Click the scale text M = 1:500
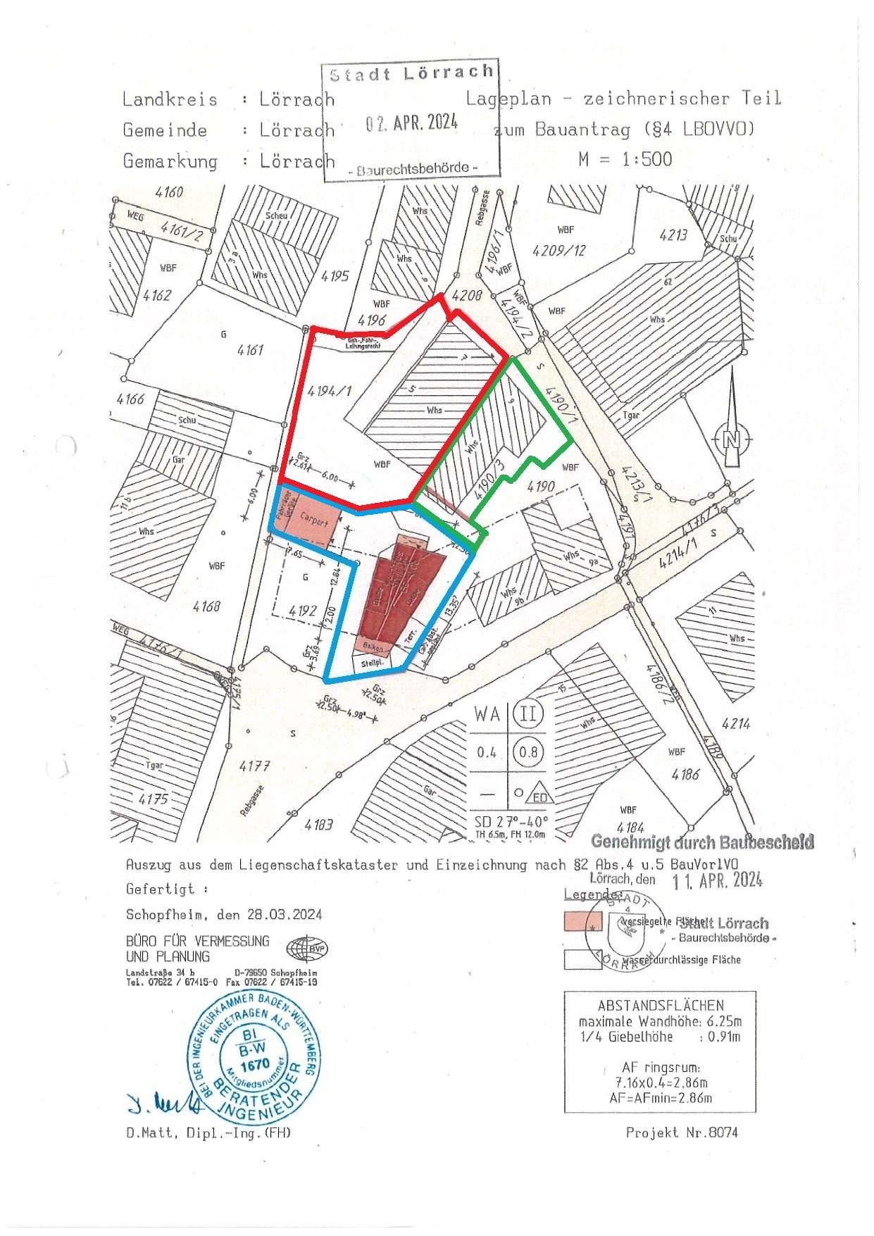coord(625,159)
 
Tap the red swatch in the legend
coord(582,921)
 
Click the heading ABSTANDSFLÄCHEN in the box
coord(660,1005)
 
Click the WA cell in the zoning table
coord(487,714)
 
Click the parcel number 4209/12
coord(560,250)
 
